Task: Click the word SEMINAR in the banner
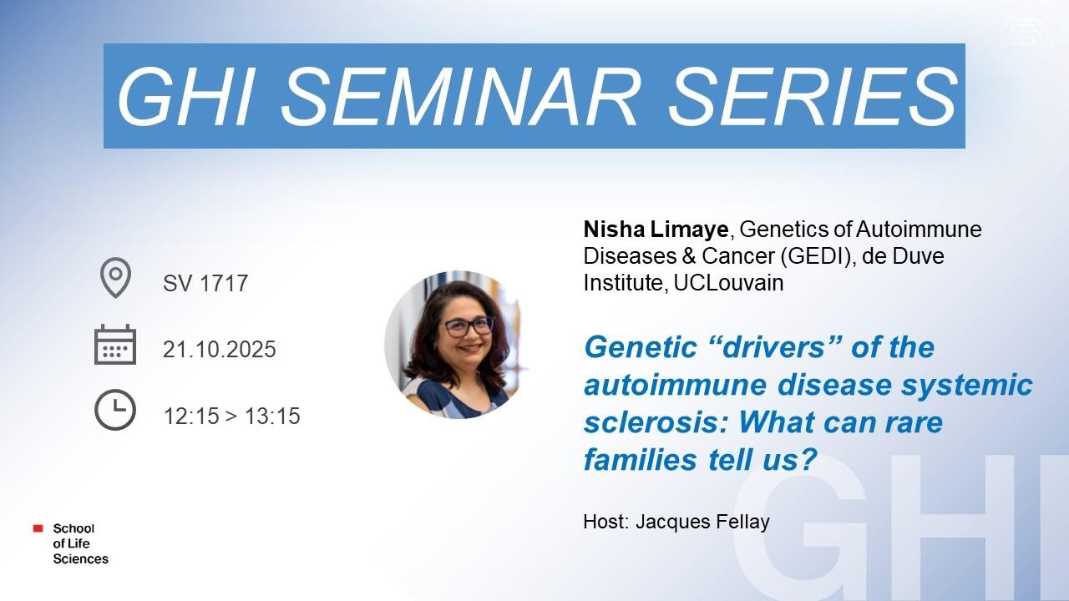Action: (459, 96)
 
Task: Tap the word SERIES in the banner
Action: (813, 96)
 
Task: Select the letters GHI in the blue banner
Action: (185, 96)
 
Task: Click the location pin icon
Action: (115, 278)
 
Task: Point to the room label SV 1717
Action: (205, 283)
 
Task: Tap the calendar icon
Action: (115, 345)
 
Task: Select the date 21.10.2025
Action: (220, 349)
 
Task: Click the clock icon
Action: (115, 410)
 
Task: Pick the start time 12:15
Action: (191, 416)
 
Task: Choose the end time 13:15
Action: (272, 416)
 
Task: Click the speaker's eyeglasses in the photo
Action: (467, 326)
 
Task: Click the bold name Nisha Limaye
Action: (656, 230)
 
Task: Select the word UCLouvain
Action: (729, 283)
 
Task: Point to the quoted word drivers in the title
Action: (773, 347)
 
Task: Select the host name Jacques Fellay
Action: (702, 522)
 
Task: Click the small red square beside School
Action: (38, 528)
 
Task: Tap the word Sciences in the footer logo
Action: (81, 558)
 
